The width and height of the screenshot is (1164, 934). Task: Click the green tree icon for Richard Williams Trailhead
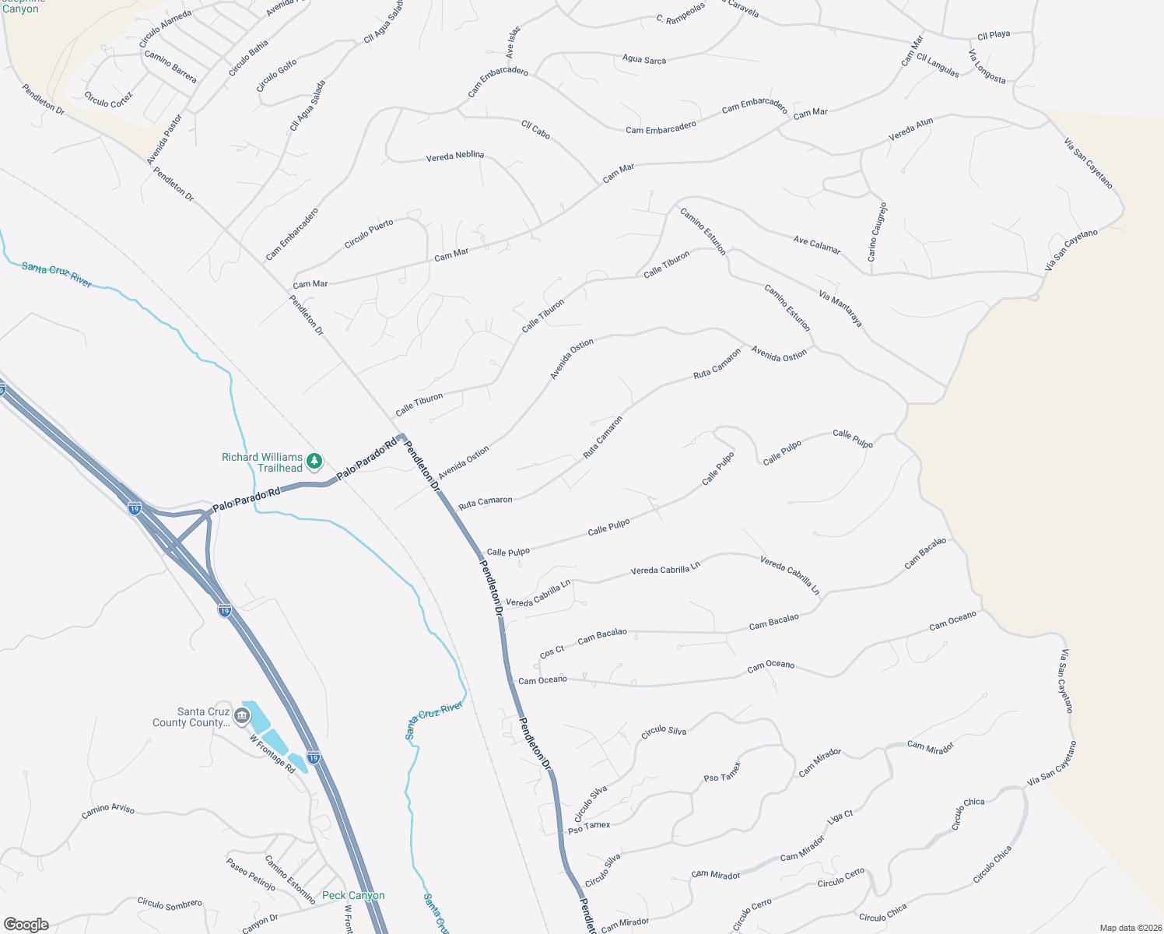pos(314,462)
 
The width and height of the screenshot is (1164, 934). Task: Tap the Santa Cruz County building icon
pos(242,715)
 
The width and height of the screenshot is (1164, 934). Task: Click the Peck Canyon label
pos(353,895)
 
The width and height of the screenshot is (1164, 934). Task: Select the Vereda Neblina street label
pos(455,156)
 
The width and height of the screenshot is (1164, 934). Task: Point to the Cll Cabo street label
pos(535,130)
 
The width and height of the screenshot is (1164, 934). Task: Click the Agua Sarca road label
pos(644,59)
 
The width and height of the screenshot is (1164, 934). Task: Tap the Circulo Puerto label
pos(369,234)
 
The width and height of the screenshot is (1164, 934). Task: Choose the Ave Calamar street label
pos(817,244)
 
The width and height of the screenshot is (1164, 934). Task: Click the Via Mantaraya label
pos(840,308)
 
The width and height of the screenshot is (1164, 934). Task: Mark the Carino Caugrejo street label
pos(877,231)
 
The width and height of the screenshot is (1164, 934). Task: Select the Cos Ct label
pos(552,651)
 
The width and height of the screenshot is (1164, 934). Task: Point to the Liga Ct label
pos(840,817)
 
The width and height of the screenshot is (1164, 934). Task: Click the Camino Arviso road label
pos(108,811)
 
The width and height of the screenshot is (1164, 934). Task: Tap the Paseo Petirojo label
pos(251,874)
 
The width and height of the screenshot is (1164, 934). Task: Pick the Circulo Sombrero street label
pos(170,904)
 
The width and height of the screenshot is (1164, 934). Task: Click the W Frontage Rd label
pos(272,753)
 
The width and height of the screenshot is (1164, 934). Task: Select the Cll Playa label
pos(994,35)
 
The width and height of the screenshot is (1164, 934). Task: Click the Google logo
pos(26,925)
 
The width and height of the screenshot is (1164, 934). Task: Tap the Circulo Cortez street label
pos(108,100)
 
